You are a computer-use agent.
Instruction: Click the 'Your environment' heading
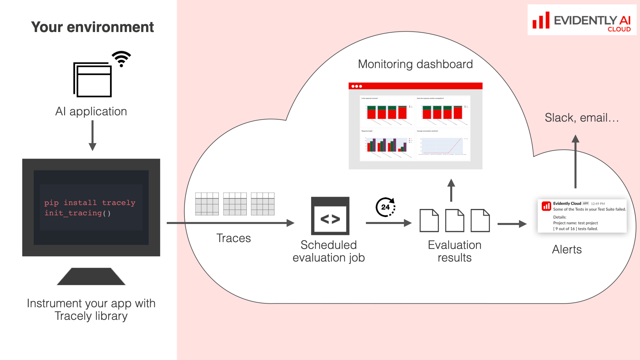click(92, 27)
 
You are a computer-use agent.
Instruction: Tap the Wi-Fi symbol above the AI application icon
click(121, 59)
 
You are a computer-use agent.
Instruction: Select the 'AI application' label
click(91, 111)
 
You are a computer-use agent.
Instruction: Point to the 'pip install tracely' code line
click(90, 203)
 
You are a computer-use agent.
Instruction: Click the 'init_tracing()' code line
click(77, 213)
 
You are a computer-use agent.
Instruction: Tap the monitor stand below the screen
click(91, 276)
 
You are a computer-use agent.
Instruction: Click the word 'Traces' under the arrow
click(233, 238)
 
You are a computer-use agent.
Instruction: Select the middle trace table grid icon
click(235, 204)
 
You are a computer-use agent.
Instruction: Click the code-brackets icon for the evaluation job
click(330, 216)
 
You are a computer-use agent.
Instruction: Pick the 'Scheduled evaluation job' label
click(329, 251)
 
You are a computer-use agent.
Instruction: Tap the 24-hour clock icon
click(386, 207)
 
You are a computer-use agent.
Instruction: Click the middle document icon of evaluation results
click(455, 220)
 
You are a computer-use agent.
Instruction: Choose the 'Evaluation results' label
click(455, 251)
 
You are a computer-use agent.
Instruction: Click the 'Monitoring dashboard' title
click(415, 64)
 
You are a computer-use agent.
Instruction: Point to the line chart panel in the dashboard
click(443, 145)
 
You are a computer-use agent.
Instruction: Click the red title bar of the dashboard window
click(415, 86)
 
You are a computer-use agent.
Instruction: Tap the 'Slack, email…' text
click(582, 118)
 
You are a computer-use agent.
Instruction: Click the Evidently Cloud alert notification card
click(582, 216)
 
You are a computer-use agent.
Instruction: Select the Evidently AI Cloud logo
click(582, 20)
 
